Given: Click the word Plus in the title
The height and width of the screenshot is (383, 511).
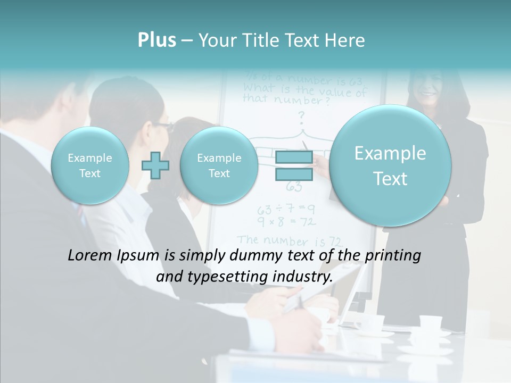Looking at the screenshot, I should pyautogui.click(x=156, y=40).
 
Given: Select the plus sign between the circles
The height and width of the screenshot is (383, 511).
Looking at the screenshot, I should pyautogui.click(x=155, y=165).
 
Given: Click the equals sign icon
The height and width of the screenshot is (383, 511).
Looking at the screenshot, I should pyautogui.click(x=293, y=165).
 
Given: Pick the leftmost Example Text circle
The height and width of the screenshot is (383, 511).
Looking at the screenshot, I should pyautogui.click(x=90, y=165).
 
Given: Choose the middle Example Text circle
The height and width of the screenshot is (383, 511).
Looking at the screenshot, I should pyautogui.click(x=219, y=165).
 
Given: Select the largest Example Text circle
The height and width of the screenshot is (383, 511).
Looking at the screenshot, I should pyautogui.click(x=390, y=165).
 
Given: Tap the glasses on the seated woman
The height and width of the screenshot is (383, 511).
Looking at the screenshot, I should pyautogui.click(x=165, y=127).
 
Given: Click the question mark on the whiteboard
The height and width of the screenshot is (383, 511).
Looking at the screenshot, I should pyautogui.click(x=301, y=115).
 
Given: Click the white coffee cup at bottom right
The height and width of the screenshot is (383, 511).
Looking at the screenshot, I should pyautogui.click(x=430, y=323).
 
